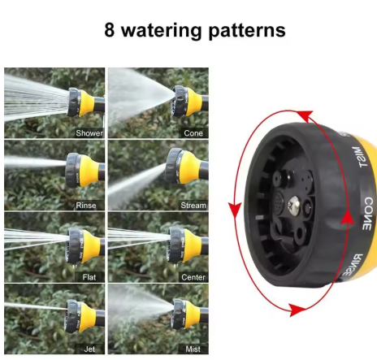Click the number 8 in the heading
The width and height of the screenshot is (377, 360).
pyautogui.click(x=110, y=29)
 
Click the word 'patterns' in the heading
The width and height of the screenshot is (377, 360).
pyautogui.click(x=247, y=31)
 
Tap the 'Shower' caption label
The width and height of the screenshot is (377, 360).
pyautogui.click(x=89, y=133)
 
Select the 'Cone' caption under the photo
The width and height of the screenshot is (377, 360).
pyautogui.click(x=193, y=133)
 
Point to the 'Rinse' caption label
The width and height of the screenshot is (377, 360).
pyautogui.click(x=86, y=206)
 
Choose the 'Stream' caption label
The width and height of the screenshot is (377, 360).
pyautogui.click(x=193, y=206)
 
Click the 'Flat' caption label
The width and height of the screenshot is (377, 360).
pyautogui.click(x=89, y=277)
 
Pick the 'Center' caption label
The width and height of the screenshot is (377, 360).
pyautogui.click(x=193, y=277)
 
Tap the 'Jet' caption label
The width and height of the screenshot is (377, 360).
pyautogui.click(x=89, y=349)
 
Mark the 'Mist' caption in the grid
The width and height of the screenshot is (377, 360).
pyautogui.click(x=193, y=349)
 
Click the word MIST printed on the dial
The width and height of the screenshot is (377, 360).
pyautogui.click(x=360, y=157)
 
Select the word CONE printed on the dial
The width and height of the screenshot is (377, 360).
pyautogui.click(x=368, y=214)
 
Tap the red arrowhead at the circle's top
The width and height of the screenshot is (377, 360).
pyautogui.click(x=306, y=116)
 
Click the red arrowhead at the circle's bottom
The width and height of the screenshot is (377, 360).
pyautogui.click(x=297, y=310)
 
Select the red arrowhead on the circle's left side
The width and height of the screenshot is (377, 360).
pyautogui.click(x=235, y=209)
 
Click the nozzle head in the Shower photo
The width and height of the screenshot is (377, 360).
pyautogui.click(x=75, y=102)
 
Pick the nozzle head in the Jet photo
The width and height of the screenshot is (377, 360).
pyautogui.click(x=72, y=316)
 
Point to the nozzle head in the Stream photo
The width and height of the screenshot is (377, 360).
pyautogui.click(x=172, y=166)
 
